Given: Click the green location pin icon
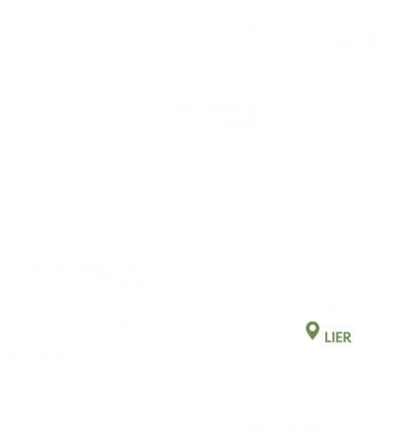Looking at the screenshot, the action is (312, 330).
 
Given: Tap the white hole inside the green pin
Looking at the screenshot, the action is (312, 328).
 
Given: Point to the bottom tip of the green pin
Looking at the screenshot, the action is (312, 340).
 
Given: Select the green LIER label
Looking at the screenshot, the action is (338, 338).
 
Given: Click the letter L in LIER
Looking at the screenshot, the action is (328, 338).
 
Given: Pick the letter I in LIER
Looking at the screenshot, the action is (333, 338).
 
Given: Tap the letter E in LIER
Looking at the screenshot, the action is (339, 338).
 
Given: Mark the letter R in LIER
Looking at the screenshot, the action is (347, 338).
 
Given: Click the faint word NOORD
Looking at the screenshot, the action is (233, 123).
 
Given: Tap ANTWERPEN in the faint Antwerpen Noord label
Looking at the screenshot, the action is (215, 108).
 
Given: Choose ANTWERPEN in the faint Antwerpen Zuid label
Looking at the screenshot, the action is (80, 268).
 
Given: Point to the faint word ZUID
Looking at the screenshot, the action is (115, 283).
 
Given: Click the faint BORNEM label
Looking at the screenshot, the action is (34, 353).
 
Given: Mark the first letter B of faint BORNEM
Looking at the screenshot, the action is (15, 353).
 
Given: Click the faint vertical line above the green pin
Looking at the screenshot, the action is (318, 301).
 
